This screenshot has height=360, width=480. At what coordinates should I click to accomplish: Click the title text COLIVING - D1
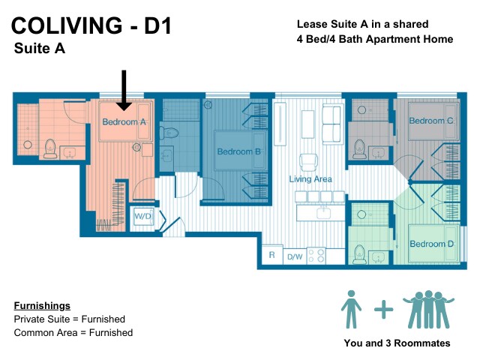[x=91, y=27]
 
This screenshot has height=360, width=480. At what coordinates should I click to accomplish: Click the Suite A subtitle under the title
[x=40, y=49]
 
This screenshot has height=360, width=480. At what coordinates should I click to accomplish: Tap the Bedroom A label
[x=124, y=121]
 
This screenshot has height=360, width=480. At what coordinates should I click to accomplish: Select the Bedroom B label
[x=238, y=151]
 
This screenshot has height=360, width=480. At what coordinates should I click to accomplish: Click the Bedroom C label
[x=430, y=121]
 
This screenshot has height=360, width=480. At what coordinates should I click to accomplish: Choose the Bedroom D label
[x=431, y=244]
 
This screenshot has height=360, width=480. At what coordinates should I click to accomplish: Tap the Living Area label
[x=310, y=179]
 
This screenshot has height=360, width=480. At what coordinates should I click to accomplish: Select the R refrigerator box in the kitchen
[x=271, y=256]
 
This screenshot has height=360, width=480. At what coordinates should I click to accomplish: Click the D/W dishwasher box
[x=295, y=256]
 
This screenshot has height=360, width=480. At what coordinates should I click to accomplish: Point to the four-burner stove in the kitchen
[x=316, y=255]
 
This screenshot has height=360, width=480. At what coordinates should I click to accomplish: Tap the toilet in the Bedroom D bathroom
[x=360, y=253]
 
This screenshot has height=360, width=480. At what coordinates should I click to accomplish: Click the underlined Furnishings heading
[x=42, y=306]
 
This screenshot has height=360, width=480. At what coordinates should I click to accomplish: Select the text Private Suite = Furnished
[x=70, y=319]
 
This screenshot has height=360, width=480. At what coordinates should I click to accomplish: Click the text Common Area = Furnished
[x=73, y=332]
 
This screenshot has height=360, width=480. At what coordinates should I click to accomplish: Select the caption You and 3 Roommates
[x=397, y=343]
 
